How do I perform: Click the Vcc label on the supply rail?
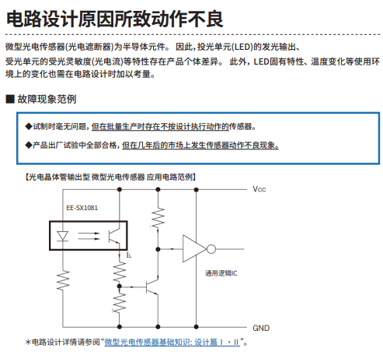pyautogui.click(x=259, y=189)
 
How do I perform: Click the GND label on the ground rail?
pyautogui.click(x=261, y=328)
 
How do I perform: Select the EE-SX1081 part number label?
pyautogui.click(x=82, y=208)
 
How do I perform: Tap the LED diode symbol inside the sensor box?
pyautogui.click(x=62, y=236)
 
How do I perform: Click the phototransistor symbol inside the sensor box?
pyautogui.click(x=114, y=236)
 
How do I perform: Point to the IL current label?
pyautogui.click(x=129, y=255)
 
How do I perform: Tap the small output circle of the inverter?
pyautogui.click(x=211, y=249)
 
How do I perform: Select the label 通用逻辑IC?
pyautogui.click(x=221, y=273)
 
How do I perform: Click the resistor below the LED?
pyautogui.click(x=63, y=280)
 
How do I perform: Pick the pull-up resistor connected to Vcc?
pyautogui.click(x=158, y=218)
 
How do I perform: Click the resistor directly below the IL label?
pyautogui.click(x=120, y=272)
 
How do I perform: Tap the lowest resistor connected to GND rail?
pyautogui.click(x=120, y=303)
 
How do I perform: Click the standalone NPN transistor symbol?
pyautogui.click(x=152, y=286)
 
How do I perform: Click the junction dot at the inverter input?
pyautogui.click(x=158, y=249)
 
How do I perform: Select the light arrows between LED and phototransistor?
pyautogui.click(x=89, y=236)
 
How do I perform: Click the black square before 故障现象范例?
pyautogui.click(x=10, y=99)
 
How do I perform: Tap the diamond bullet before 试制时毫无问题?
pyautogui.click(x=29, y=126)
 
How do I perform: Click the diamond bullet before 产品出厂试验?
pyautogui.click(x=29, y=145)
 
